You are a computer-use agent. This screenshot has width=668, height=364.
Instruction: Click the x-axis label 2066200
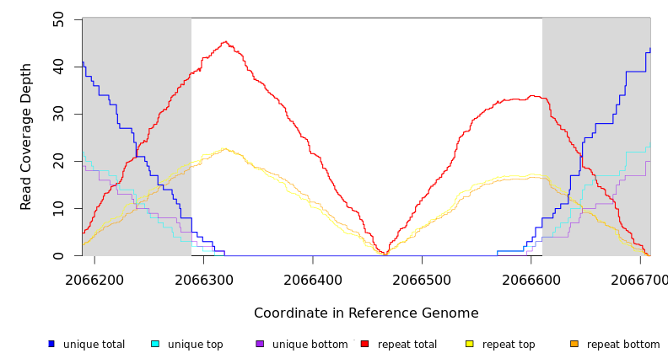tap(94, 279)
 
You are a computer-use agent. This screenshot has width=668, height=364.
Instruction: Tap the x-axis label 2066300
tap(203, 279)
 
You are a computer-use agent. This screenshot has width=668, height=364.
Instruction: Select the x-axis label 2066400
tap(313, 279)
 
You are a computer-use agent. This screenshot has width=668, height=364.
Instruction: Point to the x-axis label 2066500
tap(422, 279)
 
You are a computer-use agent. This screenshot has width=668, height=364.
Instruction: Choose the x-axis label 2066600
tap(531, 279)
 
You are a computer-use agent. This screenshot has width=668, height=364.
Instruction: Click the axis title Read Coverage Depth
tap(27, 136)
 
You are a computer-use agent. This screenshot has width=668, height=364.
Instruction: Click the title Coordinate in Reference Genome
tap(366, 313)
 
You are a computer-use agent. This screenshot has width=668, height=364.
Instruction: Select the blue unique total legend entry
tap(86, 344)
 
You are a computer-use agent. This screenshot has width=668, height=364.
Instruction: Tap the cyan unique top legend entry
tap(187, 344)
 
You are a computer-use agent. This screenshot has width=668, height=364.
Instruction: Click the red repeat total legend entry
tap(399, 344)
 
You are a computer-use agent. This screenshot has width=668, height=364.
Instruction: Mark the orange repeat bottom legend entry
tap(615, 344)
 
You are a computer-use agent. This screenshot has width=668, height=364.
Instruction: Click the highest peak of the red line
tap(225, 41)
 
